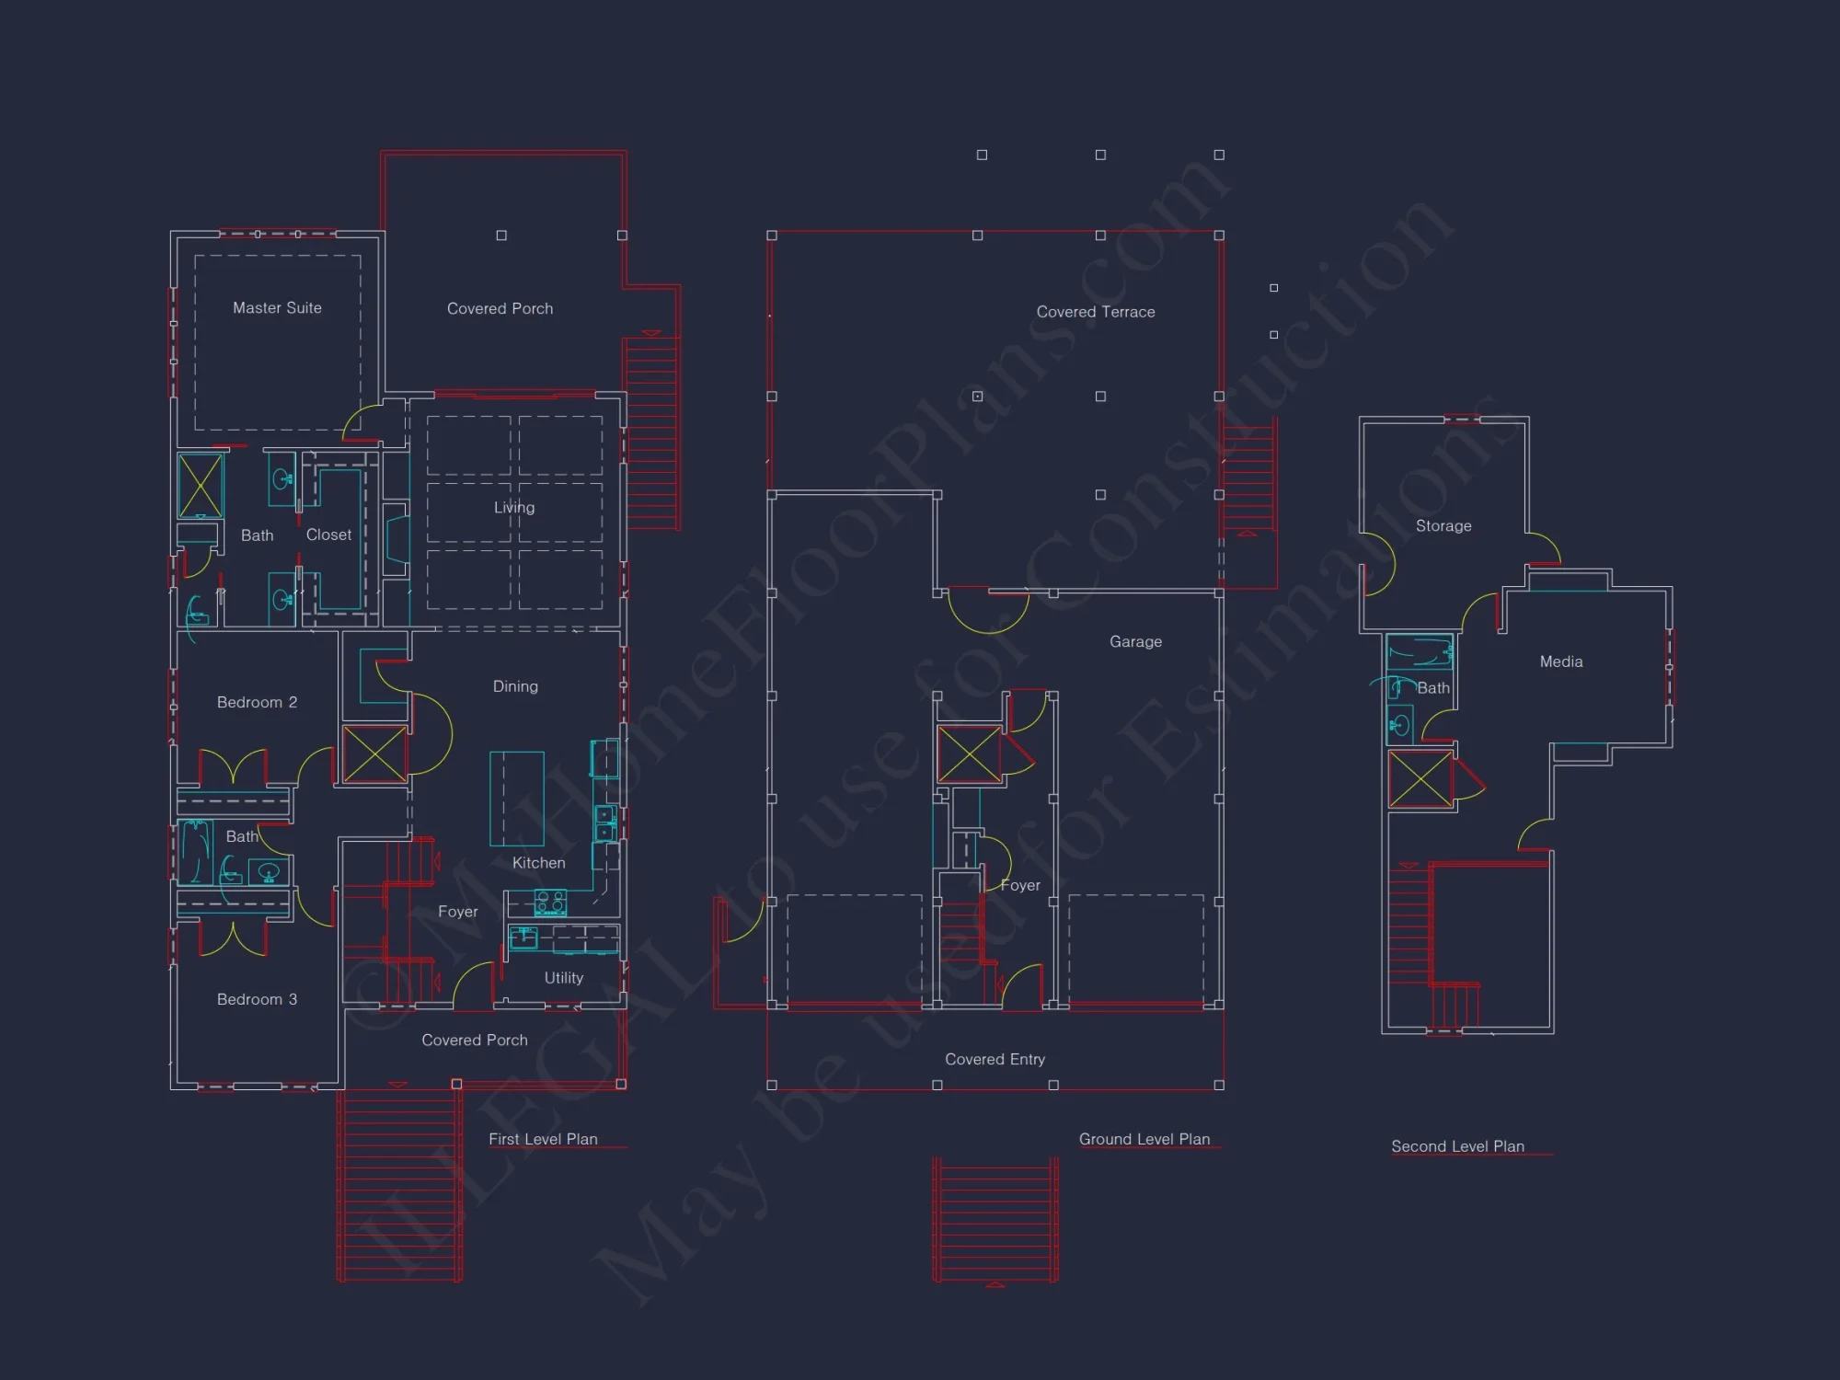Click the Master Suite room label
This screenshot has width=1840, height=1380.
(277, 308)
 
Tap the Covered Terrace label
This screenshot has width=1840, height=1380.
(1095, 312)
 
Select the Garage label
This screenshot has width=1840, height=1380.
(1135, 641)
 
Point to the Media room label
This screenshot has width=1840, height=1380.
(1561, 661)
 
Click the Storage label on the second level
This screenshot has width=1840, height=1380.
(1443, 525)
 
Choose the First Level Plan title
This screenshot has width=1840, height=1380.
(543, 1139)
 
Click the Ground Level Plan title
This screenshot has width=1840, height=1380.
(1144, 1139)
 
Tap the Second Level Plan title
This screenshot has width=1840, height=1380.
(1457, 1146)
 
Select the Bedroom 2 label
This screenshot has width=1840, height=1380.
(257, 702)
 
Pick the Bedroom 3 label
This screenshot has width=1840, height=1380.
(257, 999)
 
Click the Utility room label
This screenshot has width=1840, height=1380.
(563, 978)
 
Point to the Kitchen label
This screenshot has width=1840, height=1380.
(538, 863)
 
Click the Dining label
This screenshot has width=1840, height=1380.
(515, 686)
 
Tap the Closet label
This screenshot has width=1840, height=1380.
(328, 535)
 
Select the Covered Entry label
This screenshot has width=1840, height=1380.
(995, 1059)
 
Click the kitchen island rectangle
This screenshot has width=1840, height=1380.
(516, 798)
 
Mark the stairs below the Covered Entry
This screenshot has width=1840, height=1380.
(995, 1219)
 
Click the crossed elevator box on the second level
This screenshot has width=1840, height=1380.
(1420, 779)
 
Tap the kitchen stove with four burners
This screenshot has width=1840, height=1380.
(550, 903)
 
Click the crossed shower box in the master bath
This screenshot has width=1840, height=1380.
(200, 485)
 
